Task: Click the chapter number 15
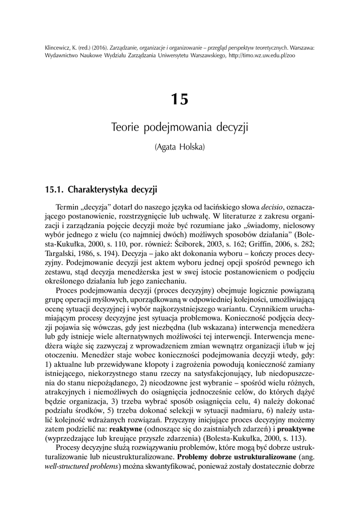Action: click(179, 99)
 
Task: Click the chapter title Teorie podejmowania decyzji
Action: click(179, 127)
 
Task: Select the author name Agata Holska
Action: click(179, 147)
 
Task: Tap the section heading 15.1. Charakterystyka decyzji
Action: click(101, 189)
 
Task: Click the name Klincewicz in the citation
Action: click(57, 48)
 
